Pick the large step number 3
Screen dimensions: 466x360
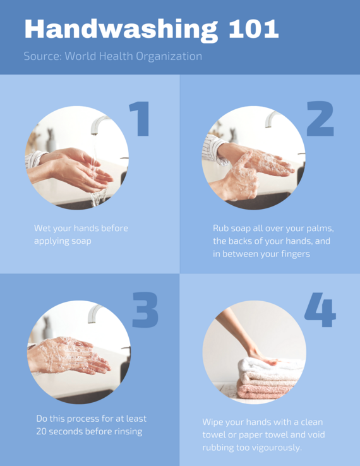pyautogui.click(x=145, y=310)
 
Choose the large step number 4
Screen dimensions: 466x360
pyautogui.click(x=320, y=310)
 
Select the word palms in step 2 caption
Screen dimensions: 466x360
pyautogui.click(x=319, y=228)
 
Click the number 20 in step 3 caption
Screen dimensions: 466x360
pyautogui.click(x=42, y=432)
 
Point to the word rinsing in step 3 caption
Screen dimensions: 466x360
pyautogui.click(x=126, y=432)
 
